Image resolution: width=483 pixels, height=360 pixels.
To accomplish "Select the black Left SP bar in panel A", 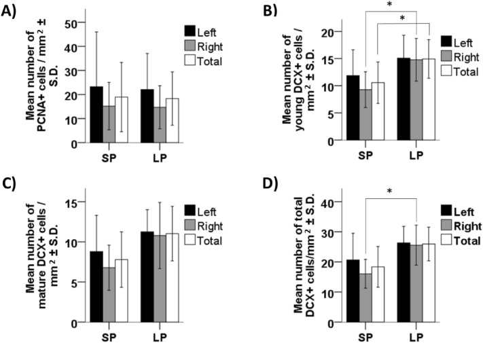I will coord(95,115).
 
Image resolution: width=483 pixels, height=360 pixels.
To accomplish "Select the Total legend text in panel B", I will coord(467,70).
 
